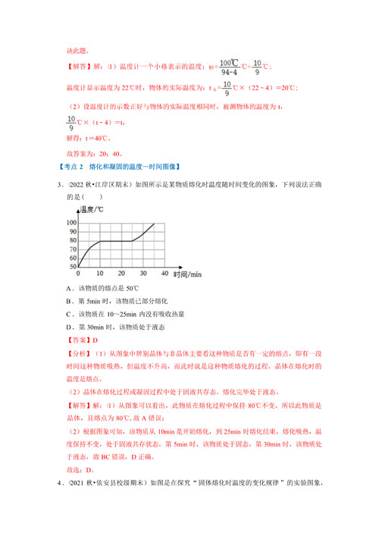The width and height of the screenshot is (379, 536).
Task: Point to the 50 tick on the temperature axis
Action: click(73, 267)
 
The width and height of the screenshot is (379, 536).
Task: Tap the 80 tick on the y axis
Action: click(73, 240)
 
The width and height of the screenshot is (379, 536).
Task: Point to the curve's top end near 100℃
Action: click(154, 224)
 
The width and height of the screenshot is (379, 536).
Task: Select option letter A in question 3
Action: click(70, 288)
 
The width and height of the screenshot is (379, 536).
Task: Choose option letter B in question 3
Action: click(70, 301)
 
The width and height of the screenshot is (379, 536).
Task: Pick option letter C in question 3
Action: click(70, 314)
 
